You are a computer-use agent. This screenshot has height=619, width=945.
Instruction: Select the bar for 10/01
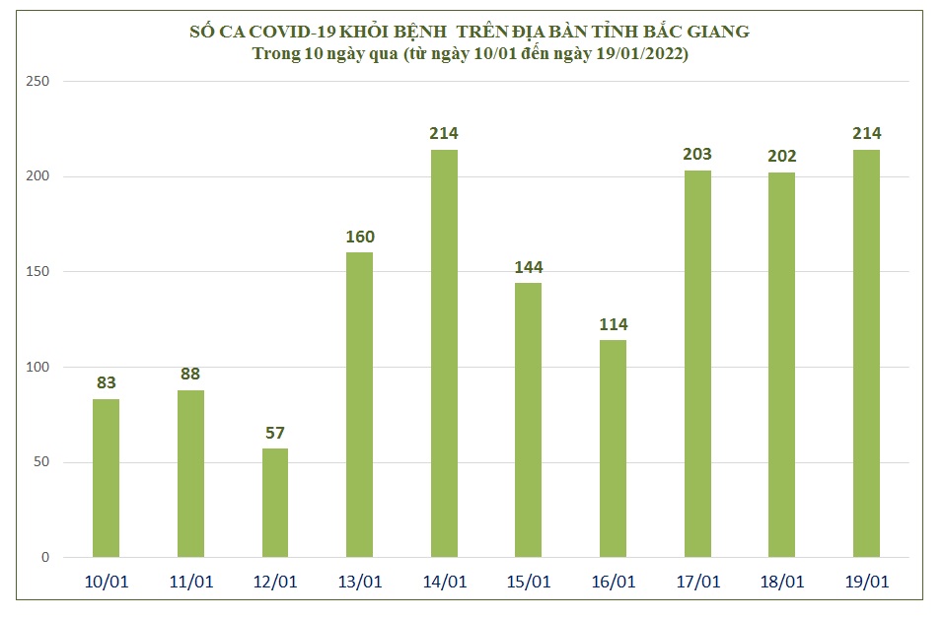[x=106, y=478]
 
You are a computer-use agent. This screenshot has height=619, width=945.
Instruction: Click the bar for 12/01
[x=275, y=503]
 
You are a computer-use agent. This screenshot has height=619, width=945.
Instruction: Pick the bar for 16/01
[x=613, y=448]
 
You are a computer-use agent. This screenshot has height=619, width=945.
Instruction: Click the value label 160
[x=360, y=237]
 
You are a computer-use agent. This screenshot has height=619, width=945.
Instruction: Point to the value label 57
[x=275, y=433]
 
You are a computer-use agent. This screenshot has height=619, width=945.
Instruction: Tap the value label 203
[x=697, y=154]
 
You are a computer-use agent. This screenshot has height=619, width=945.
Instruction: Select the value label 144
[x=529, y=267]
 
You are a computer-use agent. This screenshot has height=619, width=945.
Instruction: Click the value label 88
[x=191, y=374]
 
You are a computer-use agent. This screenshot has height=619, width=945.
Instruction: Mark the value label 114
[x=613, y=324]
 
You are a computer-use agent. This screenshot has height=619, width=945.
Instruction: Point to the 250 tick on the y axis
[x=37, y=82]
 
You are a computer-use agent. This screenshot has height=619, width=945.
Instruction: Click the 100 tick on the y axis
[x=37, y=367]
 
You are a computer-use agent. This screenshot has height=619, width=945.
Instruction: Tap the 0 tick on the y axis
[x=44, y=558]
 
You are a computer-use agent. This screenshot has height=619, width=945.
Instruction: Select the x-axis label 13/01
[x=360, y=582]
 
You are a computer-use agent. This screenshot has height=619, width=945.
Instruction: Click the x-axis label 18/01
[x=782, y=582]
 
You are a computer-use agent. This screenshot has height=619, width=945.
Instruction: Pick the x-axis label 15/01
[x=529, y=582]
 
